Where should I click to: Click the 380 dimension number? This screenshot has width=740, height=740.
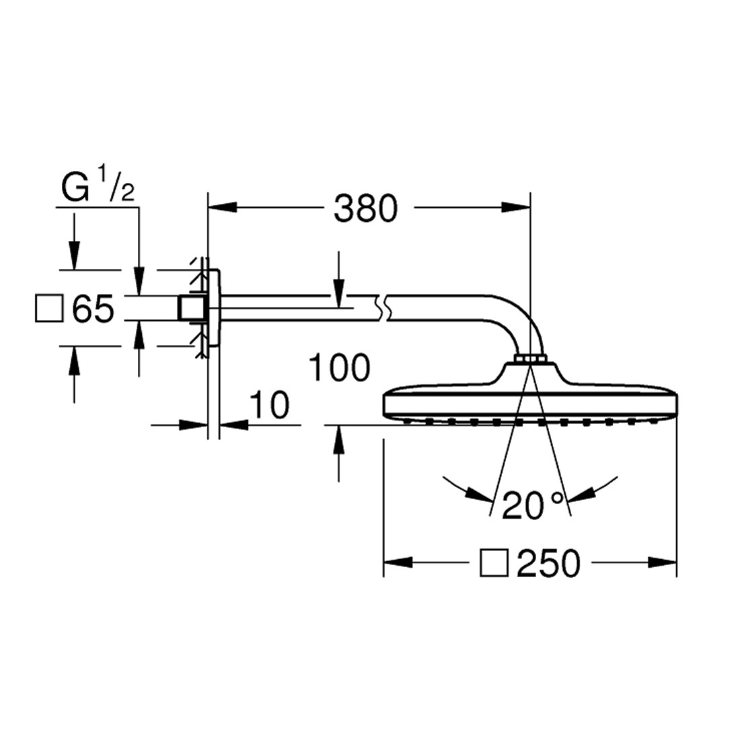366,209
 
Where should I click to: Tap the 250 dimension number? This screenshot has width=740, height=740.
548,563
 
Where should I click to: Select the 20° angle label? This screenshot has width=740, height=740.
532,505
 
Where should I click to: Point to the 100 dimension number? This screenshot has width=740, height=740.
339,367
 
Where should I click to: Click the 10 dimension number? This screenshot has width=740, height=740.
269,405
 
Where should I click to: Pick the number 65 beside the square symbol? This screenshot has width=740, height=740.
93,309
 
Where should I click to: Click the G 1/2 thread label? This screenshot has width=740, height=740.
98,184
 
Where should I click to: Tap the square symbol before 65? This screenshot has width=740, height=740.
49,309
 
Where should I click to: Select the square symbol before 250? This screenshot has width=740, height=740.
494,562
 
